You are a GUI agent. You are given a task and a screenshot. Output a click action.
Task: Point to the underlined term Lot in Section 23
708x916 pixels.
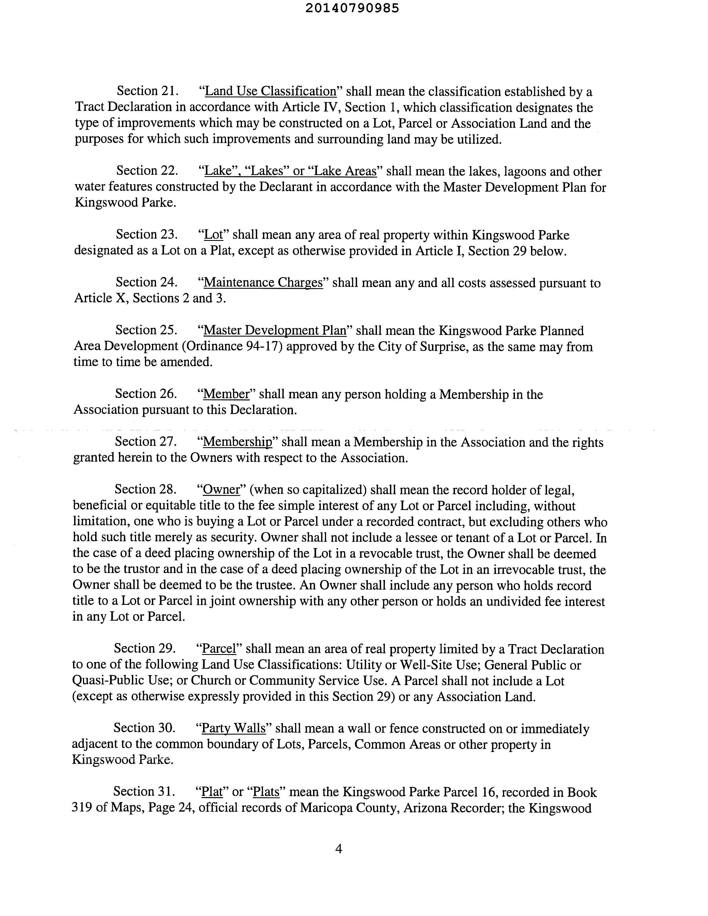(213, 235)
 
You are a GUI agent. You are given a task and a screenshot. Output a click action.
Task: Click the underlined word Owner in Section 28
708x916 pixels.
(221, 490)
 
